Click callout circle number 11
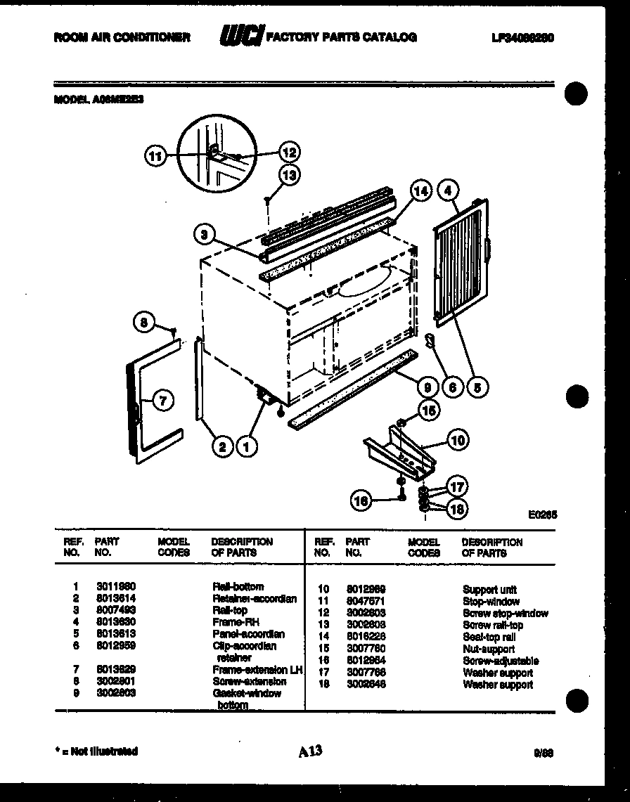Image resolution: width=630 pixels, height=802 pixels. pos(155,156)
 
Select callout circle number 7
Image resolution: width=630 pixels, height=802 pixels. pos(162,401)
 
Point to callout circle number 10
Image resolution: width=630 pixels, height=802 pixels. pos(457,441)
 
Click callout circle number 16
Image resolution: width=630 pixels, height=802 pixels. pos(361,500)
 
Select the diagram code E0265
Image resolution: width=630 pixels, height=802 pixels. pos(542,514)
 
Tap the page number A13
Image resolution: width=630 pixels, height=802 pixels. pos(309,751)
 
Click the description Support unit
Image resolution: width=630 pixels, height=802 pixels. pos(489,589)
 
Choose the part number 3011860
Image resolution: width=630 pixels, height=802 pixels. pos(116,586)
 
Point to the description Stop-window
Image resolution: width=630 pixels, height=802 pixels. pos(491,602)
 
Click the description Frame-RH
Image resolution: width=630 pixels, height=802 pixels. pos(230,622)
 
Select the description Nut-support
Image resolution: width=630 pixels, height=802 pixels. pos(488,649)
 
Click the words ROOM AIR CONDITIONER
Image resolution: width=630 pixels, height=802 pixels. pos(122,37)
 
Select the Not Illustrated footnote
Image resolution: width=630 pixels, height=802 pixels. pos(96,751)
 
